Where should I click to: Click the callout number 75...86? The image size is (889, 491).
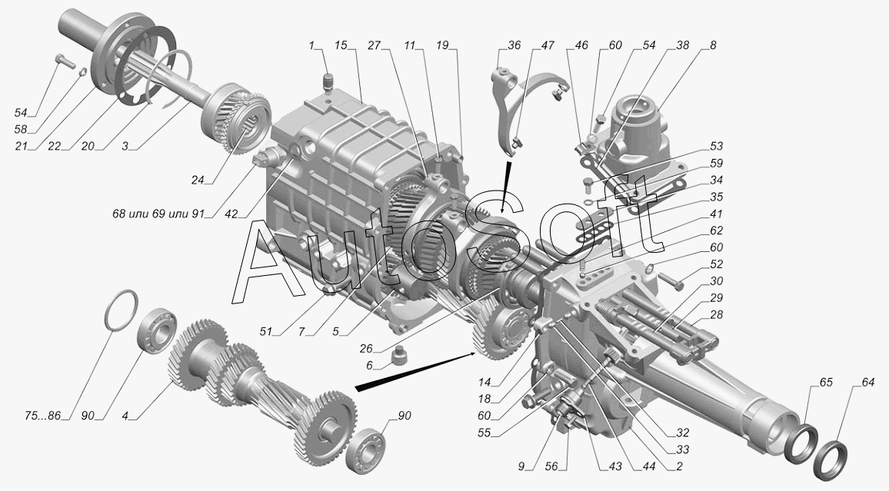[x=42, y=416]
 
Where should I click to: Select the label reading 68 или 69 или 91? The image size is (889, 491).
[x=158, y=214]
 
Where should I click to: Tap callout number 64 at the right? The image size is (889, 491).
[x=868, y=383]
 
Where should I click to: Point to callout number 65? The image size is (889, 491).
[x=826, y=382]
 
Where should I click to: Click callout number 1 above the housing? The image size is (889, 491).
[x=311, y=45]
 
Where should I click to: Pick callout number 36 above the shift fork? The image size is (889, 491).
[x=514, y=45]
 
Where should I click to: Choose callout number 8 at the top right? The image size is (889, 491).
[x=713, y=45]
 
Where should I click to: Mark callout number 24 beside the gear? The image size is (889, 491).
[x=198, y=180]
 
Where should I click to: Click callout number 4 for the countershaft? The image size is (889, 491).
[x=125, y=416]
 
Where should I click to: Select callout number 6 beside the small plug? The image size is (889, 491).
[x=369, y=366]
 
